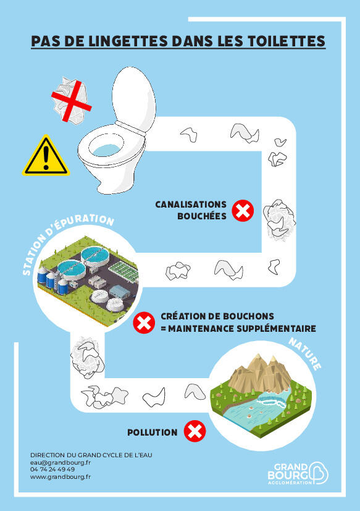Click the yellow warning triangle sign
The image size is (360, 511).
(x=46, y=156)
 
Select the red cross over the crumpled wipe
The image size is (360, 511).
(x=72, y=101)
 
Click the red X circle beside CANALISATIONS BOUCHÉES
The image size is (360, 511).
(x=243, y=211)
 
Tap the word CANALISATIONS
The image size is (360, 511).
(x=191, y=205)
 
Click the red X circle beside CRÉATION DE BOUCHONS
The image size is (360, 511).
(x=144, y=323)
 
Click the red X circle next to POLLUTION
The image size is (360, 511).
(x=195, y=431)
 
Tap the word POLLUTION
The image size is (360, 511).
(x=153, y=433)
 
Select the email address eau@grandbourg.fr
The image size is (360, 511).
(x=61, y=462)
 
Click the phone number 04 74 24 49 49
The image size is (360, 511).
(x=52, y=469)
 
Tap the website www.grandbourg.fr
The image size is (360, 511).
(x=61, y=477)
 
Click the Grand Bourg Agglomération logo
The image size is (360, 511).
(x=298, y=473)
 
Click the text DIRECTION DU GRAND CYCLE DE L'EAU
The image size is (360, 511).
(x=91, y=455)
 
